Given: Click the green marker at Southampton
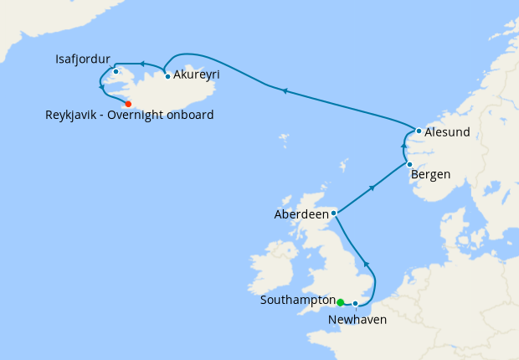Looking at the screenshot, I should pos(341,302).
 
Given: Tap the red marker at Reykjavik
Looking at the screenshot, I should pos(128,104).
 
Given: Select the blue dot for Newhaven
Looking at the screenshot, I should pos(356,303).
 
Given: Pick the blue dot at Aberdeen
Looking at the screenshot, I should pos(334,213).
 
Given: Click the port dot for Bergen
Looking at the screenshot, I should pos(409,164).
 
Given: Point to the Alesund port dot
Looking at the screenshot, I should pos(419,131).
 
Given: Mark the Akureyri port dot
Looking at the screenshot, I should pos(168,76).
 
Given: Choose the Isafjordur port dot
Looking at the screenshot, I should pos(116,71).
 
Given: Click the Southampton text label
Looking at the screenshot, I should pos(297,300).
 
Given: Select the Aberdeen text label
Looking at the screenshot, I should pos(302,214).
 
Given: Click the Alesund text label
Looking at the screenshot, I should pos(447,132).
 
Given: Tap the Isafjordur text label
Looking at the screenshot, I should pos(83,59).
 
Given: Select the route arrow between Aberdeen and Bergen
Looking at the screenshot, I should pos(372,188).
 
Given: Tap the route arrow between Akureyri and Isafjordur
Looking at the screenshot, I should pos(142,64).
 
